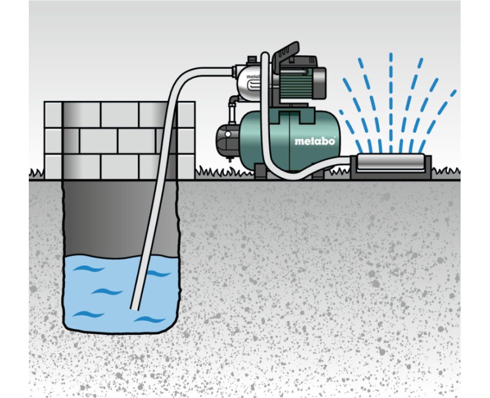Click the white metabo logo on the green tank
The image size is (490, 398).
315,141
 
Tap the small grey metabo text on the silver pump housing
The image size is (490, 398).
253,77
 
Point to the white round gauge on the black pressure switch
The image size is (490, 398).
228,134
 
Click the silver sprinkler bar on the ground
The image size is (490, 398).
390,162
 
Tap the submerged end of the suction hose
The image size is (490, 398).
135,308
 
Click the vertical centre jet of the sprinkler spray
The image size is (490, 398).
391,103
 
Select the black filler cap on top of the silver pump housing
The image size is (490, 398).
252,60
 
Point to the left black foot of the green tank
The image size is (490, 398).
260,172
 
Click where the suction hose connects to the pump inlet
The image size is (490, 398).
233,72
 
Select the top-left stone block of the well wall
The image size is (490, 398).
53,115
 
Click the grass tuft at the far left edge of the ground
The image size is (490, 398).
36,173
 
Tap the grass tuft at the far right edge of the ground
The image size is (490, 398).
447,171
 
